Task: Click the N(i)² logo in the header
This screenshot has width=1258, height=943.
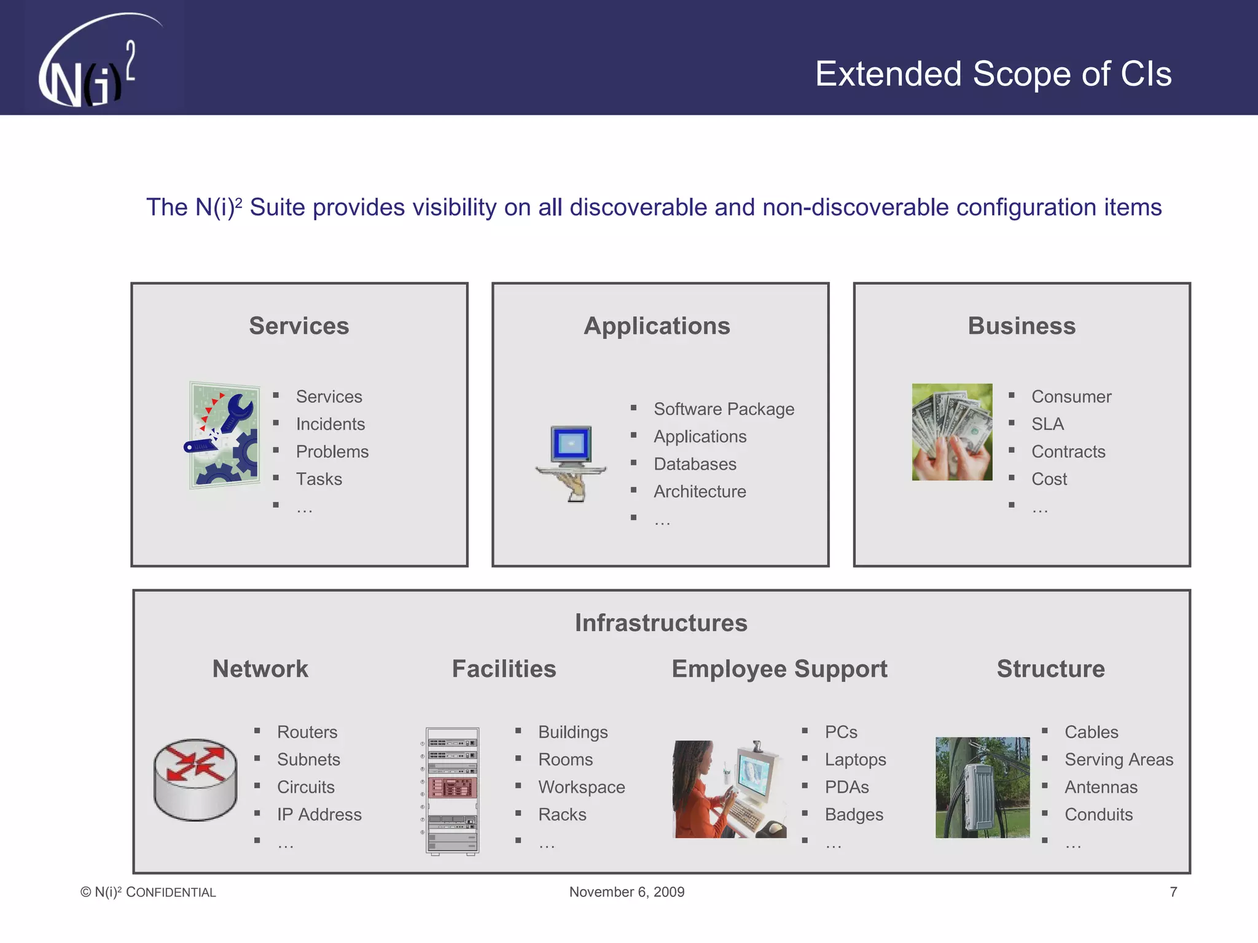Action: pyautogui.click(x=92, y=64)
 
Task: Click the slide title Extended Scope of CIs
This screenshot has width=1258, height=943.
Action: pyautogui.click(x=993, y=74)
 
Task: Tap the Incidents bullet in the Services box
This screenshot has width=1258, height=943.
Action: pyautogui.click(x=330, y=424)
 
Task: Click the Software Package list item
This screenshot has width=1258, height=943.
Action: pyautogui.click(x=724, y=409)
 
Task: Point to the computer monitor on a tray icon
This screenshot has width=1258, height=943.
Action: pyautogui.click(x=571, y=462)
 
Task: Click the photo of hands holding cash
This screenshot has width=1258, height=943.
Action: pyautogui.click(x=951, y=432)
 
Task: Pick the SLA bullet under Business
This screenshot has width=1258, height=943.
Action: pyautogui.click(x=1047, y=424)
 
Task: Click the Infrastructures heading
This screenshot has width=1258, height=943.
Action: pyautogui.click(x=661, y=623)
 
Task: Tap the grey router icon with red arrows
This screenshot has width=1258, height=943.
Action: pyautogui.click(x=195, y=779)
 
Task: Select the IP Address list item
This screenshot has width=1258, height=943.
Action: pyautogui.click(x=319, y=815)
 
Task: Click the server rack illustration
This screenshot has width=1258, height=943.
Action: pyautogui.click(x=452, y=791)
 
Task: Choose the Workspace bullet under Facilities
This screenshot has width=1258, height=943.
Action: pyautogui.click(x=581, y=787)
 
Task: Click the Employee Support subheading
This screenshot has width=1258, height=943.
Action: pyautogui.click(x=779, y=669)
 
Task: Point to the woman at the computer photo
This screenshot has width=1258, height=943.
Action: pyautogui.click(x=729, y=789)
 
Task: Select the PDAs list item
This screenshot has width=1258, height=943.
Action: pyautogui.click(x=846, y=787)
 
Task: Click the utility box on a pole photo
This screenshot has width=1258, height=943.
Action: pyautogui.click(x=982, y=788)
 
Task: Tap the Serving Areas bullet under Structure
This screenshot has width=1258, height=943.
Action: pyautogui.click(x=1119, y=759)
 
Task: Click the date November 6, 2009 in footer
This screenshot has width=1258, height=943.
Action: pyautogui.click(x=627, y=892)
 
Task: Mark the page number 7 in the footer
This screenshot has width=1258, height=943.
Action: pyautogui.click(x=1173, y=892)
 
